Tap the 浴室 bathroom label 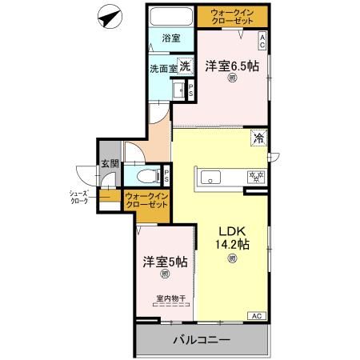coord(171,38)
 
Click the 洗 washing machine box coord(185,67)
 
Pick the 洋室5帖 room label coord(166,261)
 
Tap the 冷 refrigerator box coord(260,137)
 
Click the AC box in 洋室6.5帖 coord(262,38)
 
